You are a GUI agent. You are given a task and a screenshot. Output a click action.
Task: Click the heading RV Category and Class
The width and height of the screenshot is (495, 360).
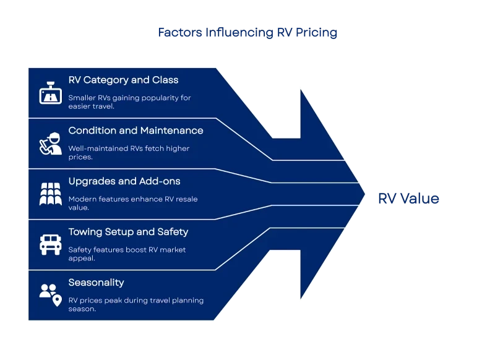(x=123, y=80)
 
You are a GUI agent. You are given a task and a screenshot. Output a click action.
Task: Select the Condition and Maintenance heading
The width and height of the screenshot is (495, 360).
(x=136, y=131)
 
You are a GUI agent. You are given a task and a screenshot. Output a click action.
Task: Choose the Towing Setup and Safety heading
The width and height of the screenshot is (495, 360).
(x=128, y=232)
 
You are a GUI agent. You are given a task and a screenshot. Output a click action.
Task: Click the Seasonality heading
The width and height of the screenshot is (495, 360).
(x=96, y=283)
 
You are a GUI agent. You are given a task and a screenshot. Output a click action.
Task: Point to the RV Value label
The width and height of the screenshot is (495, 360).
(x=408, y=199)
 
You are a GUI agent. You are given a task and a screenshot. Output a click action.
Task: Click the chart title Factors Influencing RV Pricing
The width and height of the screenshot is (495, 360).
(x=249, y=33)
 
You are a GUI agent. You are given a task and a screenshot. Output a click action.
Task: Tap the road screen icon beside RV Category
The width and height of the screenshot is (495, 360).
(x=49, y=93)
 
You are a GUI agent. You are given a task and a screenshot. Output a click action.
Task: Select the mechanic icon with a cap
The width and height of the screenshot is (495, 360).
(x=49, y=144)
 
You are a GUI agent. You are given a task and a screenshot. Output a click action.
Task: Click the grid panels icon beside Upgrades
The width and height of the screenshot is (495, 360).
(x=49, y=194)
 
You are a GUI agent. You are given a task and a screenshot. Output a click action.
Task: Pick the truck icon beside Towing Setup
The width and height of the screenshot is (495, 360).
(x=49, y=244)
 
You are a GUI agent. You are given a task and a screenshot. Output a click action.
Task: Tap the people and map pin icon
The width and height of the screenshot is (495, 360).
(x=50, y=294)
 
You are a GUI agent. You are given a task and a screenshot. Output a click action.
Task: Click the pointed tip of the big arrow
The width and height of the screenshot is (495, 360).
(x=364, y=184)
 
